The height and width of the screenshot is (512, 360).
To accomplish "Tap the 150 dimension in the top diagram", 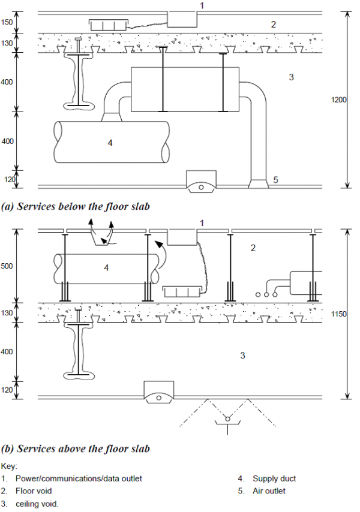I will pos(7,22).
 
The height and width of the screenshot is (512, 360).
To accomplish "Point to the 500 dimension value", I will pos(7,266).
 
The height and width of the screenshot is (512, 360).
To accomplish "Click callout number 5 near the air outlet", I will pos(275,179).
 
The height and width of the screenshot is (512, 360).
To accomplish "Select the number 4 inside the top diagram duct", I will pos(110,143).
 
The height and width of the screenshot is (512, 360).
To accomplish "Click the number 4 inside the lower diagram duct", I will pos(106,268).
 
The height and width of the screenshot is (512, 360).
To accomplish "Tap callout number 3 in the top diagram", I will pos(291,77).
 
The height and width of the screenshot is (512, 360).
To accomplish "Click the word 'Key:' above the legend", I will pos(9,465).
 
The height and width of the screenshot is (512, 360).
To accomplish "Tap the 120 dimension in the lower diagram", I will pos(7,390).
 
